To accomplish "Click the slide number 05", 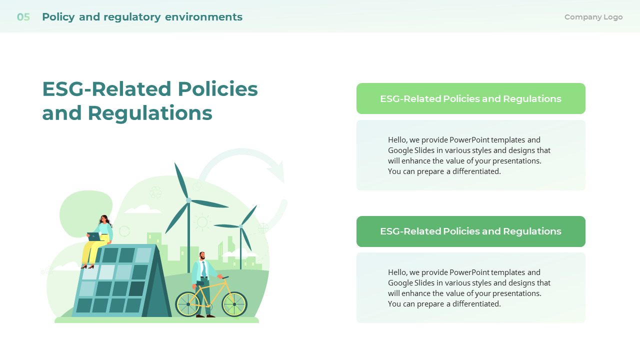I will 23,17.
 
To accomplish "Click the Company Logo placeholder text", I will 593,17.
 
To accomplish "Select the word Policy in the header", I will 58,17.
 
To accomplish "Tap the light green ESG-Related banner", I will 470,98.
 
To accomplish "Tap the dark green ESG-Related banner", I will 470,231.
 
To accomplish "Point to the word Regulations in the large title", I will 150,113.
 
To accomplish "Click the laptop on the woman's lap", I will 94,236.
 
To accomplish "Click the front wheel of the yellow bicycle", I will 234,304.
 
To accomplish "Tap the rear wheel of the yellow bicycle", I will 188,304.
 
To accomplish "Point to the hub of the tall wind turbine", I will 188,200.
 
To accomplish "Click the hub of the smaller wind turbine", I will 240,226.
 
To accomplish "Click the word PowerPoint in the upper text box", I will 469,140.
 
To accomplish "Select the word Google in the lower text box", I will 399,283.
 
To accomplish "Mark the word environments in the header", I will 203,17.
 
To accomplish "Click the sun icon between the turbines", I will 202,221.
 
